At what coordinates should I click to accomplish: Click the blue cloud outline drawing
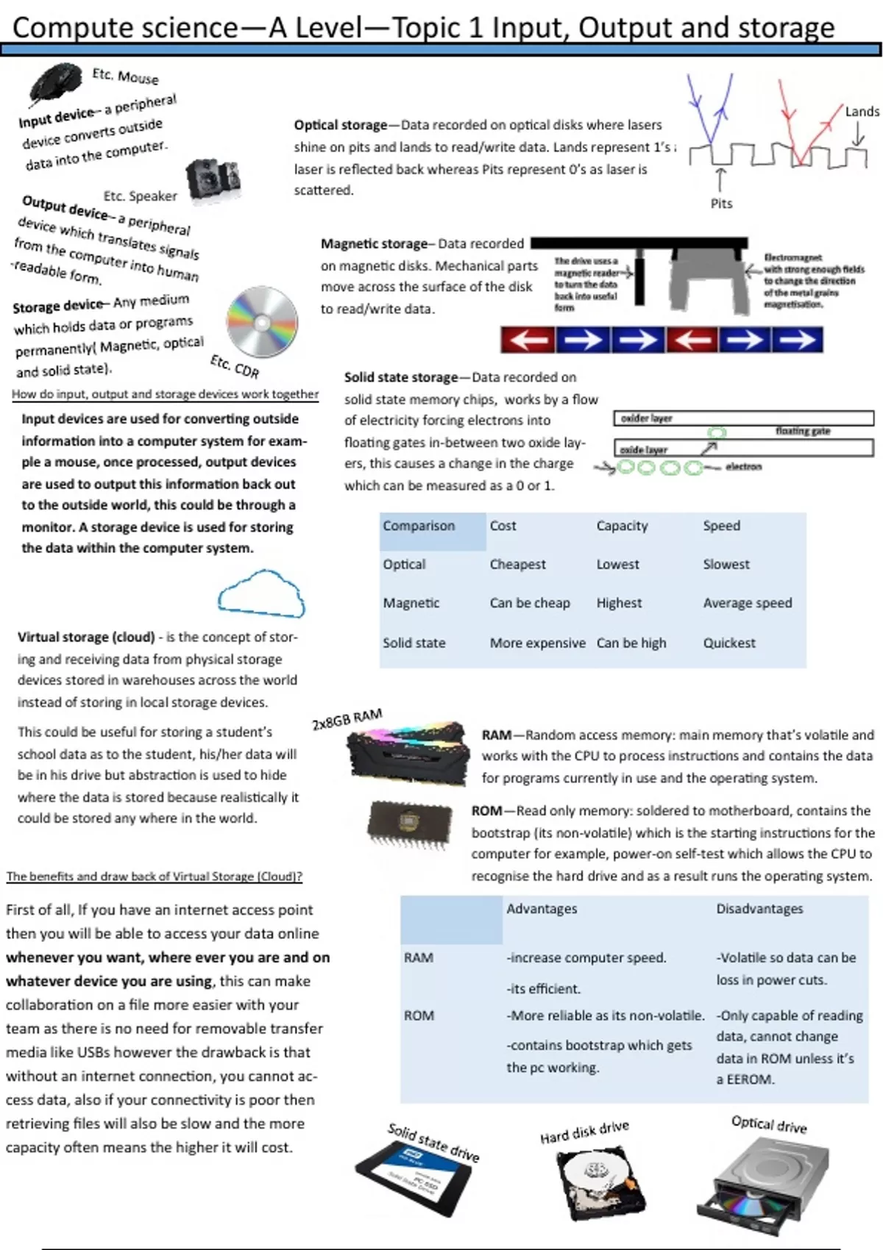tap(261, 593)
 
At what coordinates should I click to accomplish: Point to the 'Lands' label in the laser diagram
tap(862, 112)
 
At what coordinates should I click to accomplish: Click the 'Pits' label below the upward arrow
tap(721, 204)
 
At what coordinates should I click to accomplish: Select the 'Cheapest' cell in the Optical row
tap(517, 564)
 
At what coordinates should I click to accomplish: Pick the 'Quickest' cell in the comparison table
tap(728, 643)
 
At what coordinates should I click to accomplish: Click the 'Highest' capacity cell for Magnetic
tap(619, 603)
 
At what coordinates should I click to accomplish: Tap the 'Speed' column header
tap(721, 526)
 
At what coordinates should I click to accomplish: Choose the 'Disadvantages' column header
tap(759, 909)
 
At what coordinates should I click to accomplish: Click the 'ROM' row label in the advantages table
tap(419, 1015)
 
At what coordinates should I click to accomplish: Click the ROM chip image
tap(405, 823)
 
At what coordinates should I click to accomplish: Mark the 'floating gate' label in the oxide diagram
tap(803, 431)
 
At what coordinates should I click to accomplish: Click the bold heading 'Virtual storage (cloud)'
tap(86, 637)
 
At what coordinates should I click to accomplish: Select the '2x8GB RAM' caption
tap(347, 719)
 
